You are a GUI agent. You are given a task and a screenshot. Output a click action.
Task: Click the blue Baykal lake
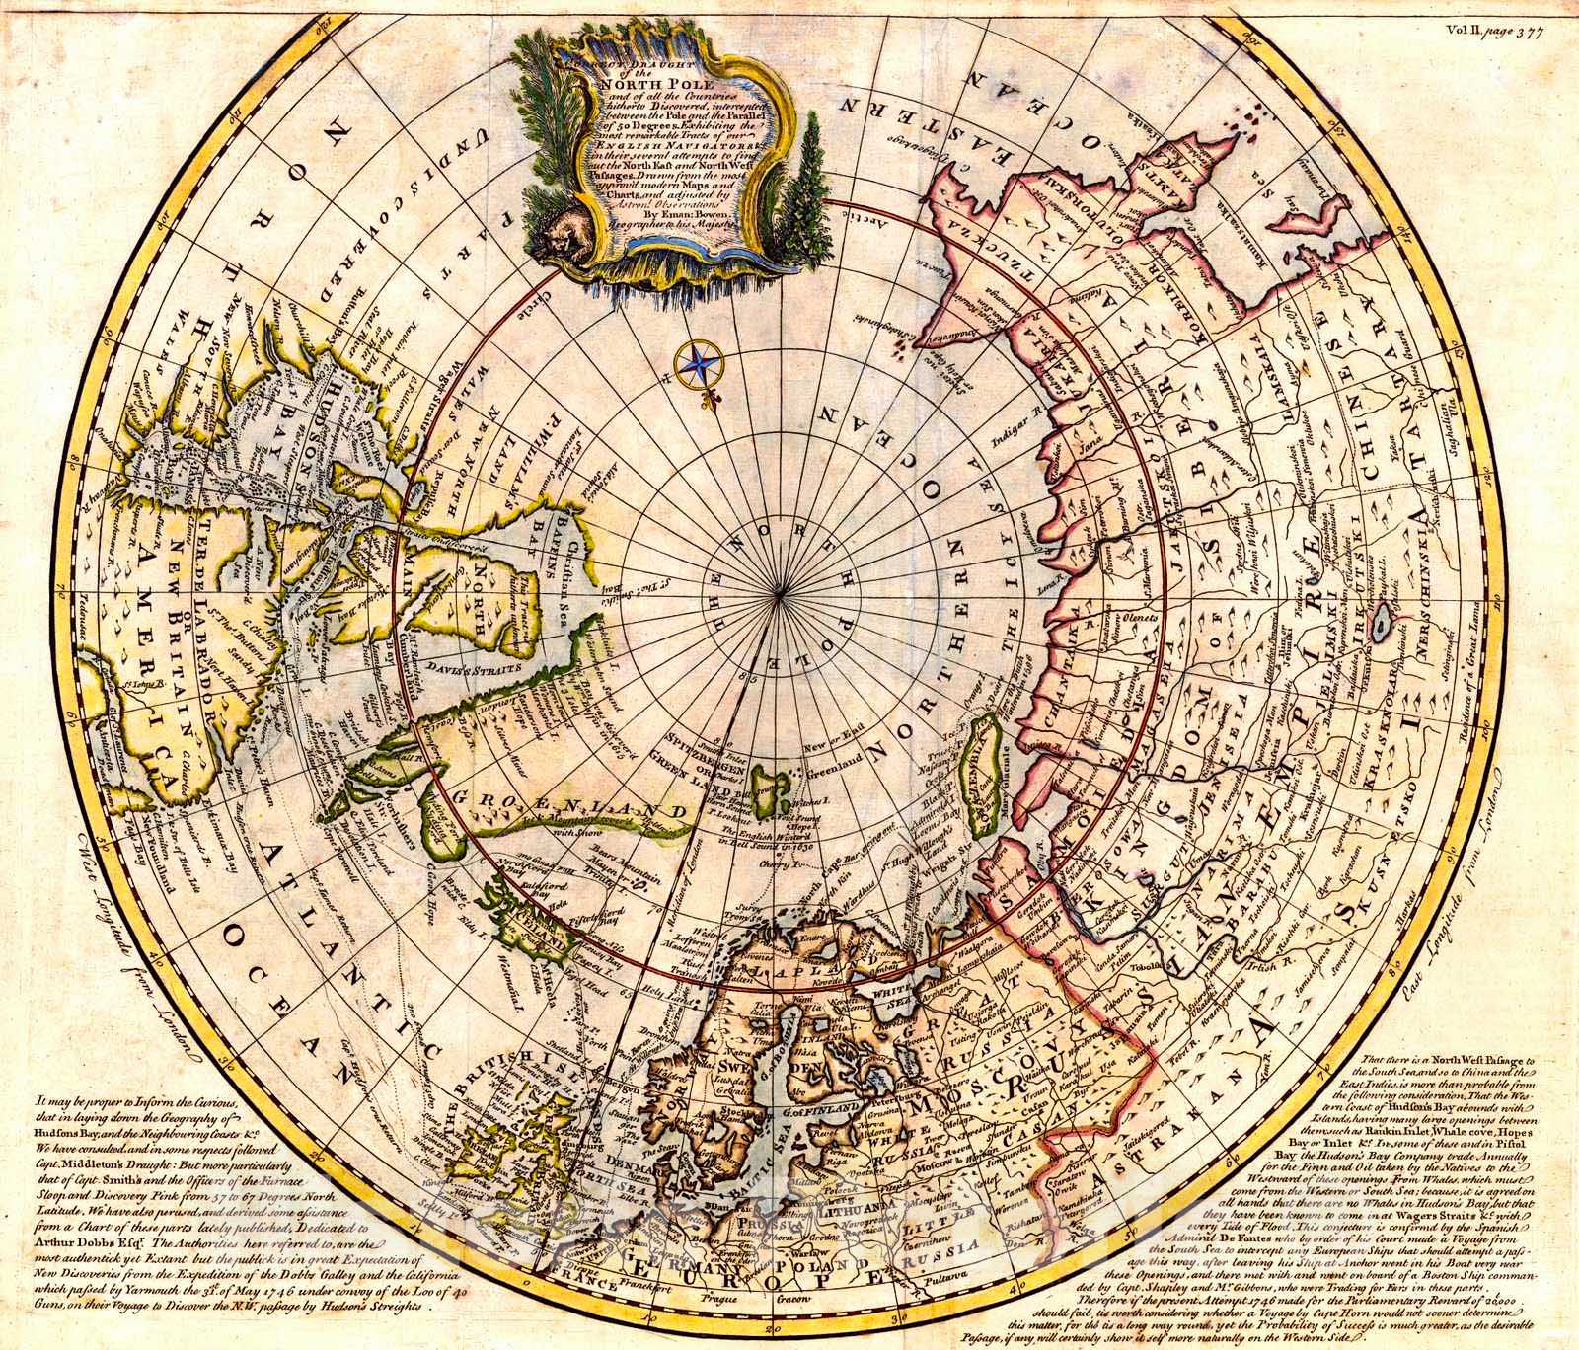click(1385, 621)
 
